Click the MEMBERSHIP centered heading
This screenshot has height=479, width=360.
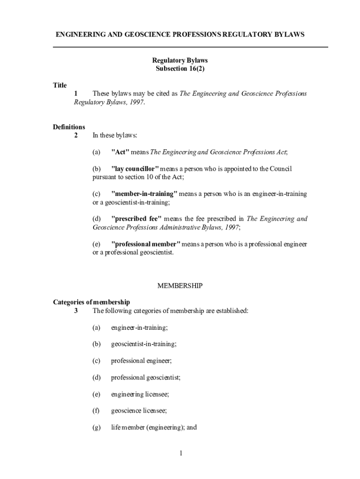tap(180, 286)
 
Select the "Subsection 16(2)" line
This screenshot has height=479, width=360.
tap(180, 69)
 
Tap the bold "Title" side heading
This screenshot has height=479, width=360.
tap(60, 85)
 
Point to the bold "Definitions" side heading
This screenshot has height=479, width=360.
tap(69, 127)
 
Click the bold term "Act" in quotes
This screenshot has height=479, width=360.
tap(120, 152)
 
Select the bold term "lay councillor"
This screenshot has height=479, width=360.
tap(135, 169)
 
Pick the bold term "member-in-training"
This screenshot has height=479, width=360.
tap(144, 194)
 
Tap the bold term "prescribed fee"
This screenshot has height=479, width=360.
tap(136, 219)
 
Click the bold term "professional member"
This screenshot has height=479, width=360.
tap(145, 244)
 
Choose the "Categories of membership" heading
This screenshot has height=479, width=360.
tap(92, 302)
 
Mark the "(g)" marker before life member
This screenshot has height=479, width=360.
tap(97, 428)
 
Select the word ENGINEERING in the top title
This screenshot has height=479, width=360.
tap(79, 35)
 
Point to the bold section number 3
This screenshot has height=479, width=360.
tap(76, 311)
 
